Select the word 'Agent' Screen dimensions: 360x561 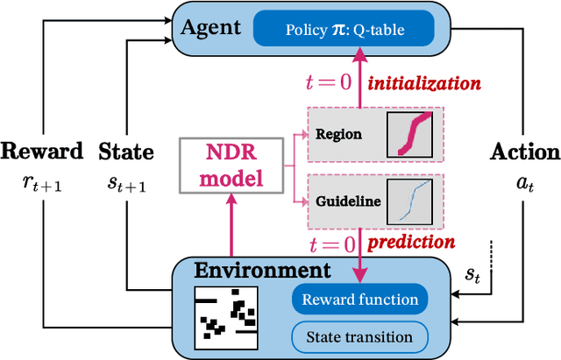pyautogui.click(x=209, y=28)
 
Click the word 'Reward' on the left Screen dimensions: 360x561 pyautogui.click(x=42, y=151)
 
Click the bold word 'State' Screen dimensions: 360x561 pyautogui.click(x=127, y=151)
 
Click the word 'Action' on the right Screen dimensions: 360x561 pyautogui.click(x=524, y=151)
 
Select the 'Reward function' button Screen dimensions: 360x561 pyautogui.click(x=359, y=300)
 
